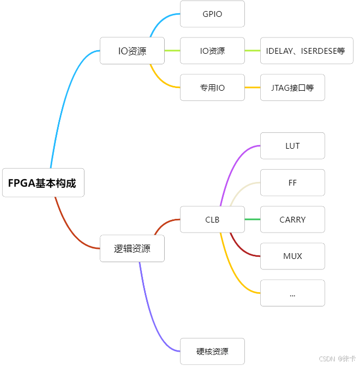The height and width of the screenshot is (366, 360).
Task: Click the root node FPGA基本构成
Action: coord(43,183)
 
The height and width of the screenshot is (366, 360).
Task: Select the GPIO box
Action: coord(212,14)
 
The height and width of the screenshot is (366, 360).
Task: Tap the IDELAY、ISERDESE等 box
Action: coord(306,51)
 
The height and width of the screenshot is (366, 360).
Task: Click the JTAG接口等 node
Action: coord(292,88)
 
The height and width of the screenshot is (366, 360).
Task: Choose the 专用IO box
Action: coord(212,88)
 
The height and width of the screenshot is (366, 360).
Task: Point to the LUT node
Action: coord(292,146)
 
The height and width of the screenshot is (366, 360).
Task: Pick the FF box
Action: coord(292,183)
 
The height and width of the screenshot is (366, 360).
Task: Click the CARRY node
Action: coord(292,219)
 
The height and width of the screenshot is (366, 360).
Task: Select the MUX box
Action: coord(292,256)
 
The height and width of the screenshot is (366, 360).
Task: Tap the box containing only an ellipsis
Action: coord(292,293)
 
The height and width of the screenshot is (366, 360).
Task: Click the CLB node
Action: coord(212,219)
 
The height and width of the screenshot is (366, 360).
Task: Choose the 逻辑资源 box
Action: coord(132,248)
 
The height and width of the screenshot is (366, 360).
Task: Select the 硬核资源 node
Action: coord(212,351)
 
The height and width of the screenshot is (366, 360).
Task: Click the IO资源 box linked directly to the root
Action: coord(132,51)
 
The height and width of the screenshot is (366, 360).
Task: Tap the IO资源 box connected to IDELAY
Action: coord(212,51)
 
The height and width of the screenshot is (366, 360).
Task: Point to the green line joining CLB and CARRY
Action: coord(252,219)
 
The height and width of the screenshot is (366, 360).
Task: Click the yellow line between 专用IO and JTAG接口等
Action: coord(252,88)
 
